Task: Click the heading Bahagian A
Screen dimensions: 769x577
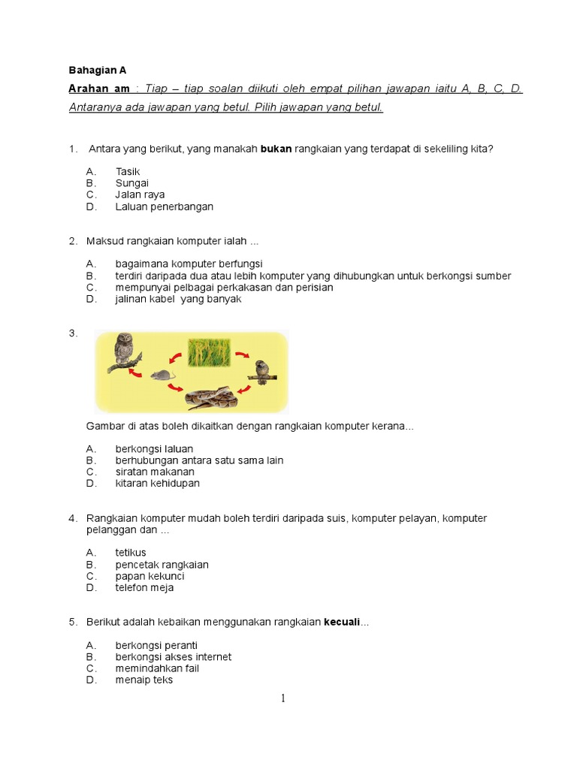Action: (98, 70)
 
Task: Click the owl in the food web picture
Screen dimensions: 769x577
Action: (123, 351)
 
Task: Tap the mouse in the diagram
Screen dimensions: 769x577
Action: (161, 374)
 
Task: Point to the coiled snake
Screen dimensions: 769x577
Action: (212, 398)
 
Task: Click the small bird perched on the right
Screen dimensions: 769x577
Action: (262, 371)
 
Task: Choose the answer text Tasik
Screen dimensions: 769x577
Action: (128, 172)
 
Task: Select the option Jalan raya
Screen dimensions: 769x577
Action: (140, 195)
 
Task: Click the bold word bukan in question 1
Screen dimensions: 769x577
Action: (276, 149)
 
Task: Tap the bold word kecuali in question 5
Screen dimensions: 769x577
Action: (342, 623)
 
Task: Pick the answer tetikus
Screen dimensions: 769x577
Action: (131, 553)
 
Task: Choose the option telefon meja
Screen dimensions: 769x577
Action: (144, 588)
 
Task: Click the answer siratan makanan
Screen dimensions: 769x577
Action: (155, 472)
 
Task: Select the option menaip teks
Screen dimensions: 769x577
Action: (144, 680)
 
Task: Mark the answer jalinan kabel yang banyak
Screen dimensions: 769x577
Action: (178, 299)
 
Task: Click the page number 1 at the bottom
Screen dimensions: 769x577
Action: (283, 698)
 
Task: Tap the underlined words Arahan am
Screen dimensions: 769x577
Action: (96, 89)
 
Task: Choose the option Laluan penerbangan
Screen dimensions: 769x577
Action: (165, 207)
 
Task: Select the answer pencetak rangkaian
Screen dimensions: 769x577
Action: (162, 565)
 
